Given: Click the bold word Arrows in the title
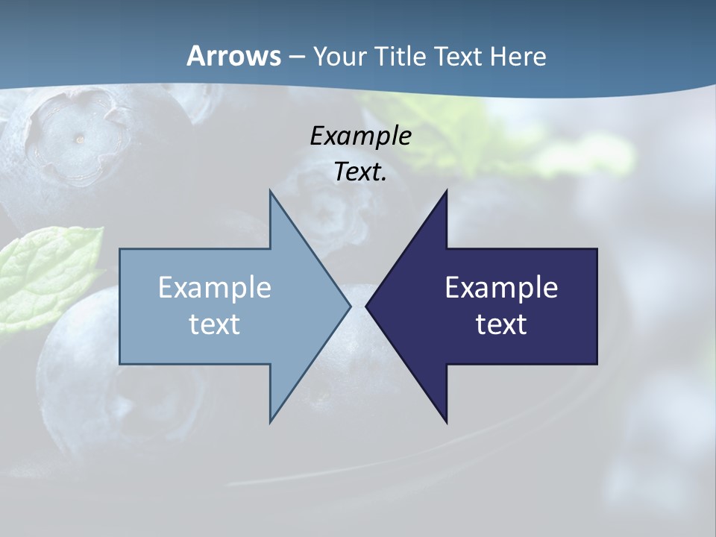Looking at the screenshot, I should [233, 56].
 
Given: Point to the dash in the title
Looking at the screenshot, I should [296, 57].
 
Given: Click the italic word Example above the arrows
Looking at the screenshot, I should [360, 136].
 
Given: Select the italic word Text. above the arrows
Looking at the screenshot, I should [360, 172].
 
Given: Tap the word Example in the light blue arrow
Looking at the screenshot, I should [214, 287].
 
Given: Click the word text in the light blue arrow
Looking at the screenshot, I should [214, 324].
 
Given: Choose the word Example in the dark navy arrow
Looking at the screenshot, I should [501, 287].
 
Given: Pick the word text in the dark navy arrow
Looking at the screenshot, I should [501, 324].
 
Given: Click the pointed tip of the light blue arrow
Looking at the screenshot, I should [349, 306].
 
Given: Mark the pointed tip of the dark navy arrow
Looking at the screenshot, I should [367, 306].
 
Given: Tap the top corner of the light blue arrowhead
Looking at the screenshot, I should [271, 192].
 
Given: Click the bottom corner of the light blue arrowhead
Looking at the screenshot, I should [271, 421].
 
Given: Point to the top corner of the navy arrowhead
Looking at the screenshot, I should [446, 192].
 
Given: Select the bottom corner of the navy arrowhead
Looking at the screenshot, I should [446, 421].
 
